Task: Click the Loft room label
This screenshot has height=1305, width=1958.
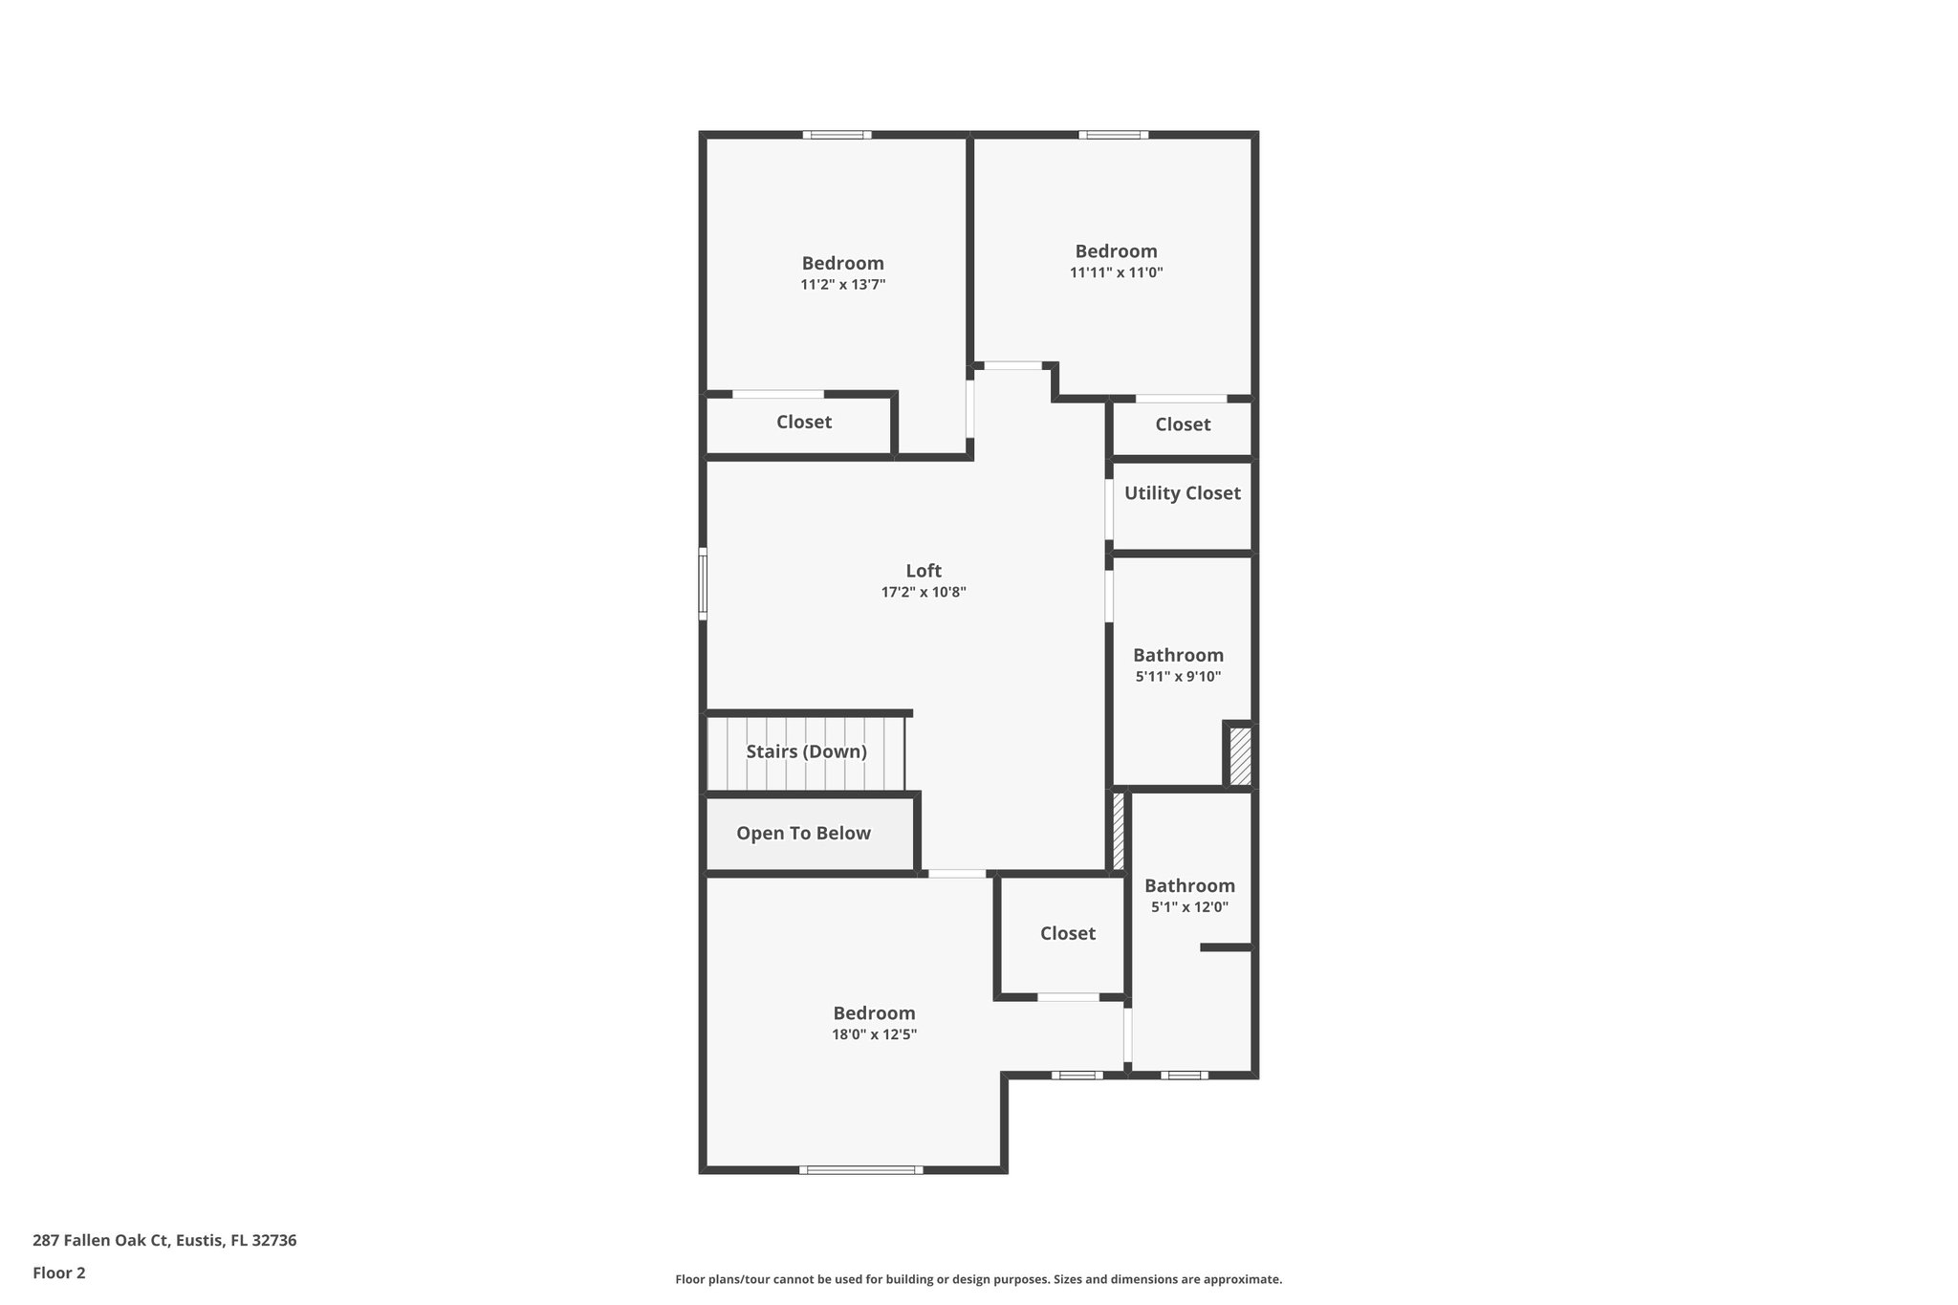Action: coord(924,571)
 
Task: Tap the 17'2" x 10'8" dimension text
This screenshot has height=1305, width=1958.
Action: coord(924,593)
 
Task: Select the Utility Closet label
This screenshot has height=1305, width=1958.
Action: coord(1182,493)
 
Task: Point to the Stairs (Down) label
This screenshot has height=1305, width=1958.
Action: coord(806,751)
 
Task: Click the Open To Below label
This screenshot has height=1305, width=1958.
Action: coord(803,834)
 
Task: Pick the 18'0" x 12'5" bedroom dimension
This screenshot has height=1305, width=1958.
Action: coord(874,1034)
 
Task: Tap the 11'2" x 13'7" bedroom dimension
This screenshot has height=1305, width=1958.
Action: coord(842,285)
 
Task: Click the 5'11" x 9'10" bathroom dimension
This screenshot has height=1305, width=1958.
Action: coord(1178,677)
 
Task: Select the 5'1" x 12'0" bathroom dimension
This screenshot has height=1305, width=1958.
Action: coord(1189,907)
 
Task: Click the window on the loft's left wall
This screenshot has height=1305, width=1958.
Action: coord(703,583)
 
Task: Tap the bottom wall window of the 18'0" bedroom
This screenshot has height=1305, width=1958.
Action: coord(860,1169)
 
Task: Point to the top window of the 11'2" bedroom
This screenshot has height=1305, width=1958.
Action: coord(837,135)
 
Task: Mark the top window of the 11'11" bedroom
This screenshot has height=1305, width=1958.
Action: coord(1114,135)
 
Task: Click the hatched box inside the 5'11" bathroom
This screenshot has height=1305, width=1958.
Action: coord(1239,756)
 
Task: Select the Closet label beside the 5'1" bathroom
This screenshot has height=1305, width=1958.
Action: coord(1067,933)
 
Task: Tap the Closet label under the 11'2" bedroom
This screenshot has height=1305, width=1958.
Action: coord(803,423)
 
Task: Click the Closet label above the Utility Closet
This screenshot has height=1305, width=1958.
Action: coord(1183,424)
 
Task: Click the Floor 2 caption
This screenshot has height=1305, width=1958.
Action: coord(59,1273)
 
